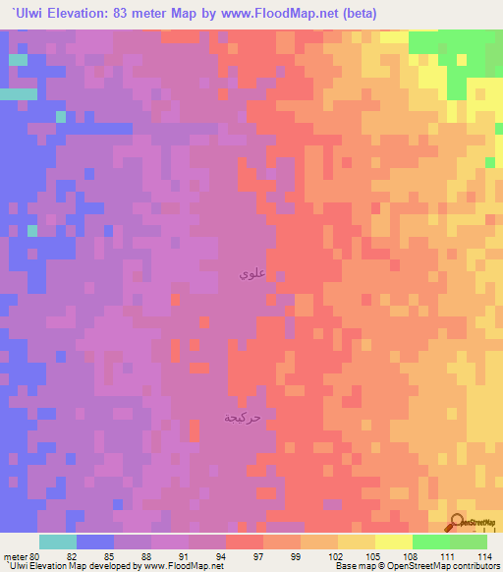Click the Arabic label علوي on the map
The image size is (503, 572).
pyautogui.click(x=250, y=275)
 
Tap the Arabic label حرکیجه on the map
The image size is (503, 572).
pyautogui.click(x=243, y=418)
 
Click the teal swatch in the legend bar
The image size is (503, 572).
pyautogui.click(x=58, y=542)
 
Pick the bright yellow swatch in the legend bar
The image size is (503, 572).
pyautogui.click(x=393, y=542)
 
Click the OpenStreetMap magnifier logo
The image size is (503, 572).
pyautogui.click(x=457, y=523)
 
